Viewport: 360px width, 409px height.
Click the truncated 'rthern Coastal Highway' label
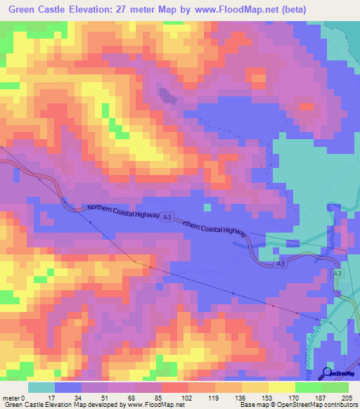(x=216, y=228)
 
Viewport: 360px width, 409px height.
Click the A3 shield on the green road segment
(x=337, y=273)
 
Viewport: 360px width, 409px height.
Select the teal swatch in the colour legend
(x=41, y=387)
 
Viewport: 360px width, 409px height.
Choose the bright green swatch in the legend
(x=335, y=387)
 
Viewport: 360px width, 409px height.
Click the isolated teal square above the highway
(x=206, y=207)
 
